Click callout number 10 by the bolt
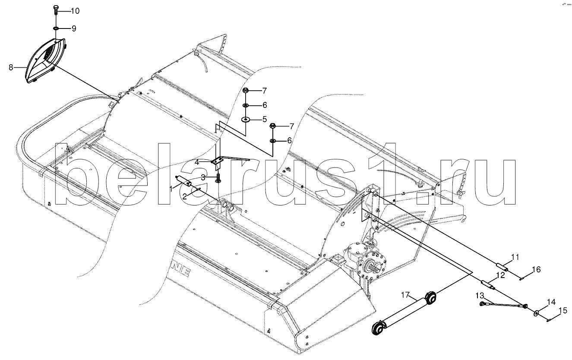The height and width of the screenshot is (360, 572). [75, 10]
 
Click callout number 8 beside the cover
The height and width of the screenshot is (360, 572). [10, 67]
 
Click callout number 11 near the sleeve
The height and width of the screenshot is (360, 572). [515, 258]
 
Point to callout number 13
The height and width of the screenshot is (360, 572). [480, 295]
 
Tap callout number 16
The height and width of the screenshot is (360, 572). [536, 270]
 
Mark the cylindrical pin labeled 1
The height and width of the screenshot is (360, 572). [183, 181]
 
